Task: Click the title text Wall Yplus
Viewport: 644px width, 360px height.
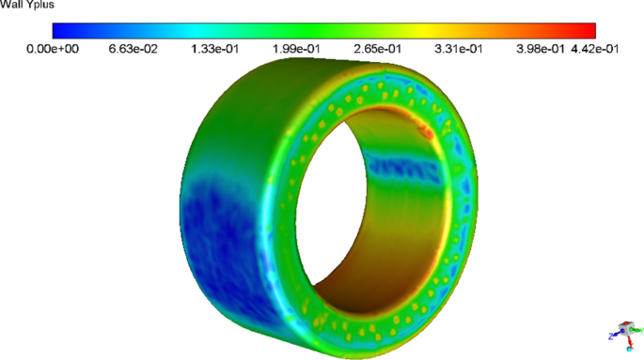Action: pyautogui.click(x=28, y=6)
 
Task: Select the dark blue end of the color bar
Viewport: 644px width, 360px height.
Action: pyautogui.click(x=58, y=30)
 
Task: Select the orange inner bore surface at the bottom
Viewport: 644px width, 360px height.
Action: pyautogui.click(x=367, y=268)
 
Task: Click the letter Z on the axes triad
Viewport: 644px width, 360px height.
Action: pyautogui.click(x=612, y=335)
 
